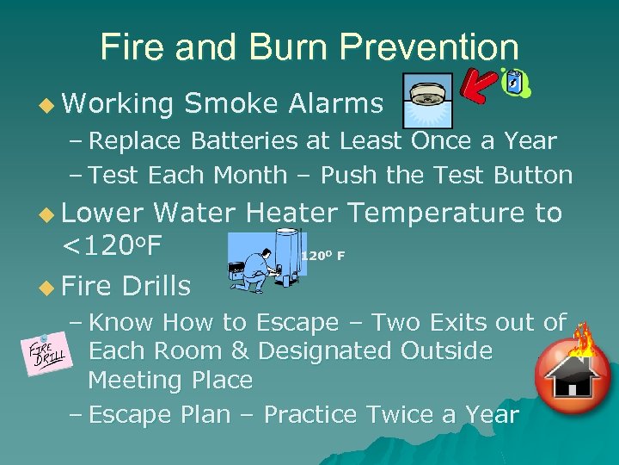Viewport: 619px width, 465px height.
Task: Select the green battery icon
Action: [515, 83]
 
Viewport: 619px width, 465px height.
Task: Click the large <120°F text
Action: [112, 246]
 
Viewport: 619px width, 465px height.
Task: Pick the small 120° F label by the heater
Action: [322, 255]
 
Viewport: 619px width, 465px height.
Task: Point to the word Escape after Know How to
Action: [297, 323]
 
